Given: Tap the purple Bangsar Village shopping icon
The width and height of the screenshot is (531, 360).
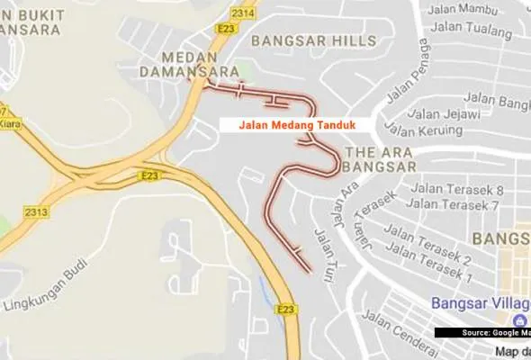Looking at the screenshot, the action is [519, 321].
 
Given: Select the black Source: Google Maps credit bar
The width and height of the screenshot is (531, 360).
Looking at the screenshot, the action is [483, 333].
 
